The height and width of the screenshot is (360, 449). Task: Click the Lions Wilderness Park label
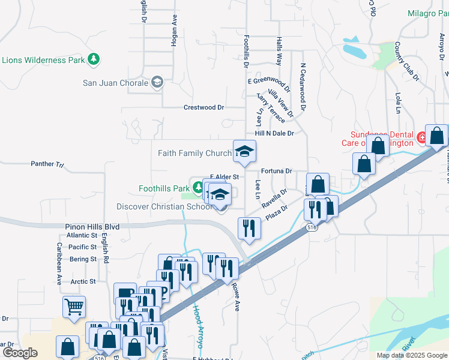(43, 60)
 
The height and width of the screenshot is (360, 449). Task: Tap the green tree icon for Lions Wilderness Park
(94, 59)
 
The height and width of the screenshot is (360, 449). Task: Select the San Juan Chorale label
(115, 82)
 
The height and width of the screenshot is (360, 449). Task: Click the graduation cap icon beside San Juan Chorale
(157, 82)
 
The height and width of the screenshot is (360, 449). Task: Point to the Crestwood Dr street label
(203, 107)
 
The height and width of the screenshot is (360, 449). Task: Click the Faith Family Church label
(194, 153)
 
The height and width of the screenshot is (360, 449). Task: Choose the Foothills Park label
(164, 188)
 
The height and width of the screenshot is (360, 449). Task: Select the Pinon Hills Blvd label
(92, 227)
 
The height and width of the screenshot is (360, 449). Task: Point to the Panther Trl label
(47, 163)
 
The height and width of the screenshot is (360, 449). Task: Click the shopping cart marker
(74, 307)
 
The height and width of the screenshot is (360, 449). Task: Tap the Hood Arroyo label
(198, 327)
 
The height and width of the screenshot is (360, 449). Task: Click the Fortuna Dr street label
(276, 171)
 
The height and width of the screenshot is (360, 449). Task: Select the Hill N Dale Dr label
(274, 133)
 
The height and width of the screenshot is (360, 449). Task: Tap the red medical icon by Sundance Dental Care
(423, 137)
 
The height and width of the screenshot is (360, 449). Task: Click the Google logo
(20, 352)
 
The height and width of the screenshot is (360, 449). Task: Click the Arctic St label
(83, 281)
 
